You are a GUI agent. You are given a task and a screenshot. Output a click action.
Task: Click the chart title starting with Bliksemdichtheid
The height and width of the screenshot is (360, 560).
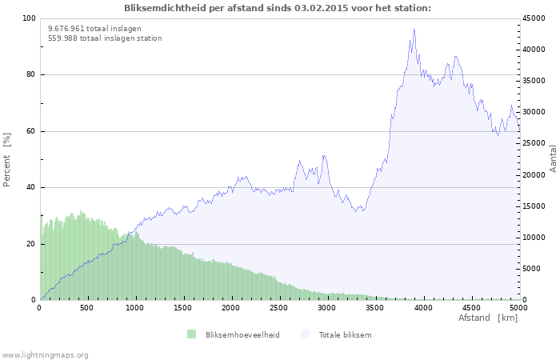coord(278,8)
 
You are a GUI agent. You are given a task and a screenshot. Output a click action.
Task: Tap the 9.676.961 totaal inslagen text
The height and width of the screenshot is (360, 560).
coord(94,29)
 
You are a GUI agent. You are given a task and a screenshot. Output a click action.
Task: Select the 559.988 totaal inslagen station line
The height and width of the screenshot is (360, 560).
coord(105,38)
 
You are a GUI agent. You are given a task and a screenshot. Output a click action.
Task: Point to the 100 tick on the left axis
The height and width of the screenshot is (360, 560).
coord(29,18)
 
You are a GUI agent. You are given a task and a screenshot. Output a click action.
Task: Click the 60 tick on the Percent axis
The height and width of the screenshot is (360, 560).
coord(31,131)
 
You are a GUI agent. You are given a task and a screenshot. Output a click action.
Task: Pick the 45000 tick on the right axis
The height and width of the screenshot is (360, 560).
coord(534,18)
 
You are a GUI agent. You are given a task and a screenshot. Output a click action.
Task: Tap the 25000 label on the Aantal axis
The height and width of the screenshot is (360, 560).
coord(534,143)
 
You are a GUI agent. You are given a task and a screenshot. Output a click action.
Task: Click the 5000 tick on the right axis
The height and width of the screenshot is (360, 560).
coord(532,269)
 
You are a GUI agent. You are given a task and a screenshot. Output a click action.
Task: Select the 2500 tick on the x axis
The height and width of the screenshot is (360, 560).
coord(278,307)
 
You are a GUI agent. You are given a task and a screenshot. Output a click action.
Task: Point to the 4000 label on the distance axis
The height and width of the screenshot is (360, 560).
coord(423,307)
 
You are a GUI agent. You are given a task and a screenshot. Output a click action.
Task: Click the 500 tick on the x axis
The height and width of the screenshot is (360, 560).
coord(86,307)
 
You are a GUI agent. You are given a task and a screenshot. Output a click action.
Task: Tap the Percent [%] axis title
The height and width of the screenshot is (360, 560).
coord(6,160)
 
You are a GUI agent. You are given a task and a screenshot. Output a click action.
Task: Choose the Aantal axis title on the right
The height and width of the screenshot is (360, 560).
coord(553,159)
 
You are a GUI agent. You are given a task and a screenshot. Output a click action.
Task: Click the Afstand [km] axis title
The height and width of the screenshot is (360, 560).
coord(488,318)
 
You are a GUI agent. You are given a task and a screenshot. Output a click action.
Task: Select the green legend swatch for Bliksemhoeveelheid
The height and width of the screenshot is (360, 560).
coord(192,334)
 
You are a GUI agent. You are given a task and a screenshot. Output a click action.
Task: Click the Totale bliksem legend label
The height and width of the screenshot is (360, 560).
coord(345,334)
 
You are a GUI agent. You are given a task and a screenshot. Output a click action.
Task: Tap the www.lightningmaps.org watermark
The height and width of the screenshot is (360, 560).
coord(44,355)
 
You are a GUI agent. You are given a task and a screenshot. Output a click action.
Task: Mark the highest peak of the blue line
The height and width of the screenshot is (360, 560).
coord(414,30)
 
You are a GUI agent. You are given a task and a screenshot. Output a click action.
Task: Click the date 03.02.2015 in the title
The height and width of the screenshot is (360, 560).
coord(321,8)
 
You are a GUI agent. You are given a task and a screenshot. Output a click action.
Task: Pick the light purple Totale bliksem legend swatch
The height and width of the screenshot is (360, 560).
coord(306,334)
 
